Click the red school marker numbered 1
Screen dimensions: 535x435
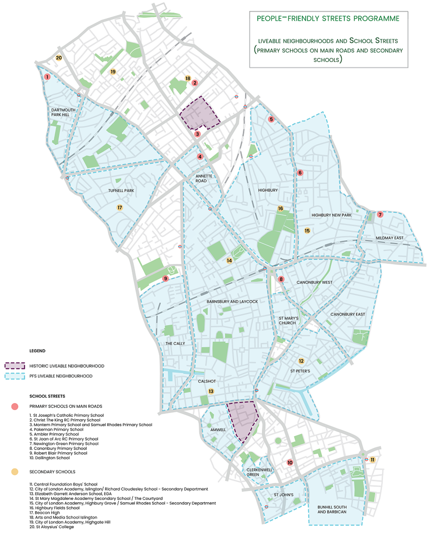coord(47,77)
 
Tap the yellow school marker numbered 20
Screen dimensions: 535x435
coord(59,57)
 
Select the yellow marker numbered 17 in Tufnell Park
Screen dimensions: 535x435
coord(120,208)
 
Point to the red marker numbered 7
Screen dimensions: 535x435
coord(380,215)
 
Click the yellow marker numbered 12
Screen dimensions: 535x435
coord(302,361)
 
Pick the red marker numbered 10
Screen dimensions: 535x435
coord(290,462)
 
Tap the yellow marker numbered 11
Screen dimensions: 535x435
coord(373,460)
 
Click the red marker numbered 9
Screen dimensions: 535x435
coord(166,279)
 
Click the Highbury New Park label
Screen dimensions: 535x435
coord(331,216)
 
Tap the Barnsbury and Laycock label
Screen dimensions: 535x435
coord(232,301)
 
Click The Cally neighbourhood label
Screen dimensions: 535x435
coord(175,344)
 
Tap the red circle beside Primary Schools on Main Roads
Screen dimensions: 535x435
coord(15,407)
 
